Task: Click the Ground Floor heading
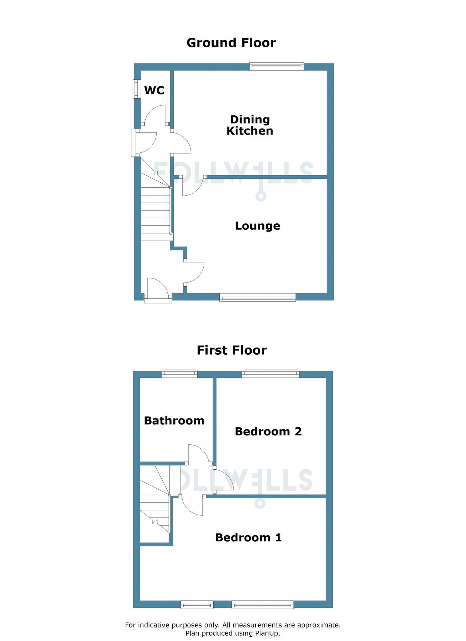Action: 231,43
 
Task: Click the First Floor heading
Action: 231,350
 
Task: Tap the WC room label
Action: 154,90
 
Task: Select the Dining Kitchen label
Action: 250,125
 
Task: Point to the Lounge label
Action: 257,226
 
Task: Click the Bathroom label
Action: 174,421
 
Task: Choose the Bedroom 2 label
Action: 268,432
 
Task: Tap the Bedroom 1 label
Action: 248,537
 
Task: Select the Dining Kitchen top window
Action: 277,66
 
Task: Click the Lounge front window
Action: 257,297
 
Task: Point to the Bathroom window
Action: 179,373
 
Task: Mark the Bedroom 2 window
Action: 271,373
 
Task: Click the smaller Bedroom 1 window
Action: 197,604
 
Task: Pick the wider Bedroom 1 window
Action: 263,604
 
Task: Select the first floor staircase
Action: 155,506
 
